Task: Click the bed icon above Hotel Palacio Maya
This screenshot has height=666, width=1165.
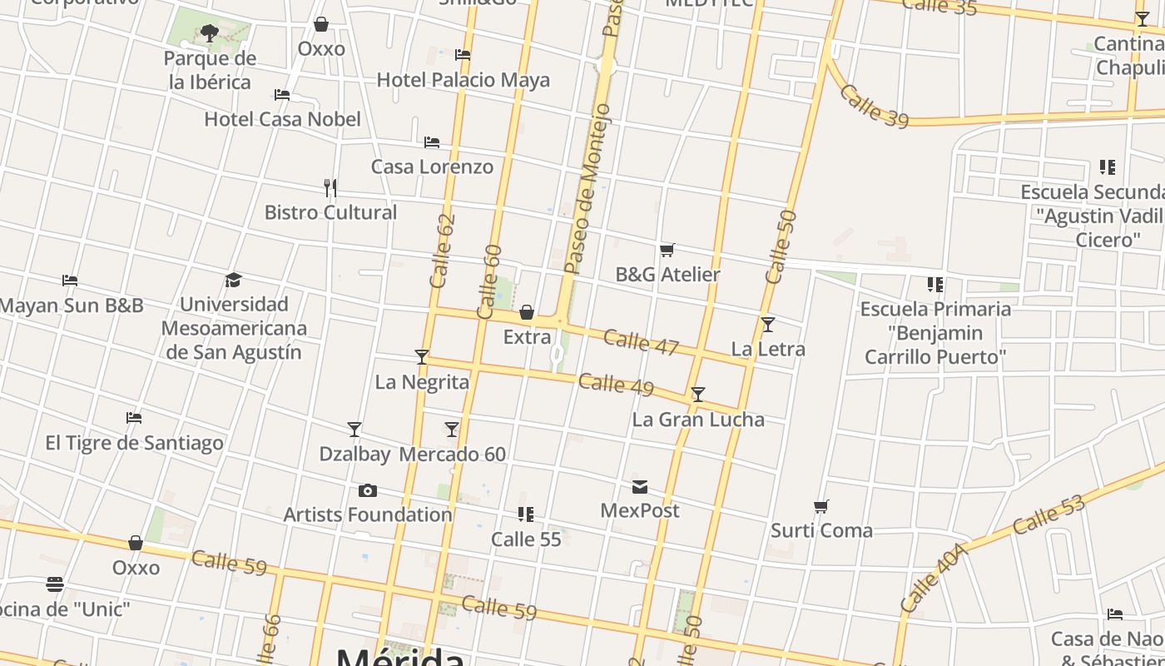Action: (x=463, y=55)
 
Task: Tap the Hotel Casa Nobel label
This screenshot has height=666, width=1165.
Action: (x=282, y=119)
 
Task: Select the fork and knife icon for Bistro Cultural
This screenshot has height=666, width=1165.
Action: (x=330, y=187)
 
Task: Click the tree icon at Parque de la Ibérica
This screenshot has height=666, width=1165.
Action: (x=210, y=33)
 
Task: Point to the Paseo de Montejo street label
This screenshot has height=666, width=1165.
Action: (x=587, y=190)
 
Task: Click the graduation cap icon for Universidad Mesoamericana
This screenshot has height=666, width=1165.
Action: (x=233, y=280)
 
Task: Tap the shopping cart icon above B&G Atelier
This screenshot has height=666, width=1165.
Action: (x=667, y=250)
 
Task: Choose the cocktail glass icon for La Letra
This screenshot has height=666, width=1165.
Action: (x=767, y=324)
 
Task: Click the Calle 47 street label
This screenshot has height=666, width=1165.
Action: (x=641, y=342)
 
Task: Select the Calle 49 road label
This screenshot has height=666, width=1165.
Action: (x=616, y=385)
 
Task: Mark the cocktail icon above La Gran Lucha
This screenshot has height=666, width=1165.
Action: (x=697, y=395)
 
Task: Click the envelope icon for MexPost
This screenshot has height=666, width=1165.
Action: (x=639, y=486)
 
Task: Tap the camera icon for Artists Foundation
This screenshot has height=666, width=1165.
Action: (x=367, y=490)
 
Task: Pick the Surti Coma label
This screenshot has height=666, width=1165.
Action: (x=821, y=530)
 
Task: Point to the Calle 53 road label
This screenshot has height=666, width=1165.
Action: (x=1049, y=515)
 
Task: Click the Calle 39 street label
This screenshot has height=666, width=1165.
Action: (x=873, y=107)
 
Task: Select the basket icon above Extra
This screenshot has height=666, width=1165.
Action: (x=526, y=313)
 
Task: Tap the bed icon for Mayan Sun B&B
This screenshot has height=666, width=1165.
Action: (x=70, y=281)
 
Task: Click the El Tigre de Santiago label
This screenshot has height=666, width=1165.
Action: (x=134, y=442)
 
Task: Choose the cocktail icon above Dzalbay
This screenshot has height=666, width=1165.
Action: (x=354, y=430)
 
